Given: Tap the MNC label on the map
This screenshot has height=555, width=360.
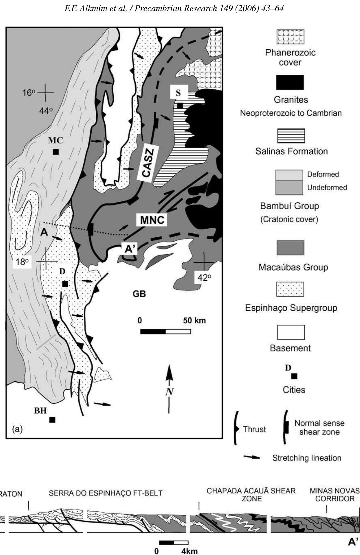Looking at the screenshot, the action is [152, 220].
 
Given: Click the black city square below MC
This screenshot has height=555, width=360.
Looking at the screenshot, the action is [56, 152].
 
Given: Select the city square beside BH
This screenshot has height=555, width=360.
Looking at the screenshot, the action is [52, 420].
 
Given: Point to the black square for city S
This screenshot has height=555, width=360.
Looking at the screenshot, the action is [180, 105].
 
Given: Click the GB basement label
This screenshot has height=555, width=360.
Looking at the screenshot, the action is [139, 294].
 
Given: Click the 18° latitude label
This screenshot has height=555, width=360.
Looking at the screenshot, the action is [22, 262].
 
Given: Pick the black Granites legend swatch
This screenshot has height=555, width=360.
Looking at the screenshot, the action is [290, 82].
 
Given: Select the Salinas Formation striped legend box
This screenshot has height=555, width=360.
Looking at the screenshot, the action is [291, 136].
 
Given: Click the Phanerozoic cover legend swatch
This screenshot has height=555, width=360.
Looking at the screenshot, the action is [290, 37].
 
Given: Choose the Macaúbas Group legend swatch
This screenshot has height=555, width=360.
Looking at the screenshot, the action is [290, 248].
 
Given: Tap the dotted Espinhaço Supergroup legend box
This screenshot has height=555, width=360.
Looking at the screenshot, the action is [290, 289].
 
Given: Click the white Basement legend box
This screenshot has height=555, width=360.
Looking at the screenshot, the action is [291, 332].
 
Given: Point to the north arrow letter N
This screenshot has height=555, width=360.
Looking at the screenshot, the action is [170, 392].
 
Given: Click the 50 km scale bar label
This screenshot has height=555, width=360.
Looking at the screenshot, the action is [194, 320].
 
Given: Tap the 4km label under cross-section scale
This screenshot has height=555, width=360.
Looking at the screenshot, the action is [189, 551].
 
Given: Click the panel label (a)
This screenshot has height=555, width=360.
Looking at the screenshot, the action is [18, 429].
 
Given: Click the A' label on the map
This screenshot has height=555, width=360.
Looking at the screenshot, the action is [130, 249].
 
